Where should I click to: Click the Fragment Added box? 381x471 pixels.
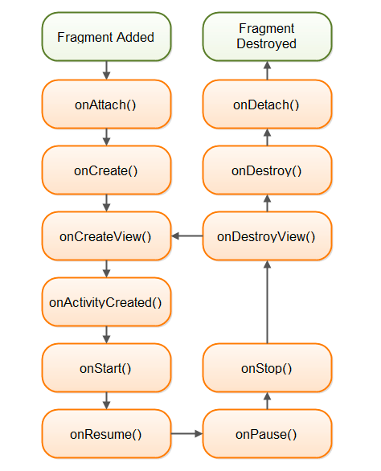coord(106,37)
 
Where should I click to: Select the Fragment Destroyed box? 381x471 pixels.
coord(267,37)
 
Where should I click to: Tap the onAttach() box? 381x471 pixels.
coord(106,104)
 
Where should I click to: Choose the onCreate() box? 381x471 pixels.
coord(106,170)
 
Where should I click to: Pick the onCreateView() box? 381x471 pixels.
coord(106,235)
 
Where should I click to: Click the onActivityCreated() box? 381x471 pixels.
coord(106,302)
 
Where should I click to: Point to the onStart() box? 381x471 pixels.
coord(106,367)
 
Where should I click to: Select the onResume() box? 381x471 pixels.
coord(106,433)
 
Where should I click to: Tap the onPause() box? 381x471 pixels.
coord(267,433)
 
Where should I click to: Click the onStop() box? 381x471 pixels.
coord(267,367)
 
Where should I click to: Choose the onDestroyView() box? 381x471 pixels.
coord(267,235)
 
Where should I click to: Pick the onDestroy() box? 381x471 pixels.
coord(267,170)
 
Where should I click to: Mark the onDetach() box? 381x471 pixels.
coord(267,104)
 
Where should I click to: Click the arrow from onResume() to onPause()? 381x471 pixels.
coord(187,433)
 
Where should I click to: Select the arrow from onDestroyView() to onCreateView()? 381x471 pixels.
coord(187,235)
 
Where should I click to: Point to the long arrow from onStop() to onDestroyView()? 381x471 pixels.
coord(267,302)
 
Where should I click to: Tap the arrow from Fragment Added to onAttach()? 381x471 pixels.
coord(106,70)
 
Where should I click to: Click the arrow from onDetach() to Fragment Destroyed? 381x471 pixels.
coord(267,70)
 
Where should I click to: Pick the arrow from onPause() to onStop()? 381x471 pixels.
coord(267,401)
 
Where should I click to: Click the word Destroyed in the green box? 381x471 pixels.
coord(267,44)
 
